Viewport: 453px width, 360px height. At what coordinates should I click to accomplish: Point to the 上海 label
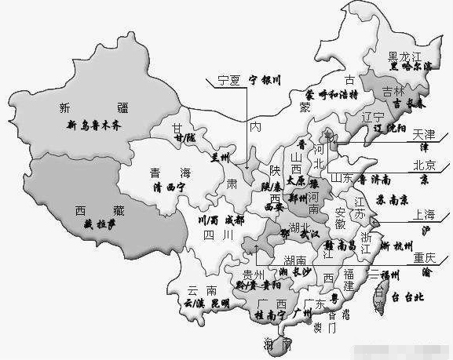tap(424, 213)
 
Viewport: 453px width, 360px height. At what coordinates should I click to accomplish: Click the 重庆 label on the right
tap(424, 257)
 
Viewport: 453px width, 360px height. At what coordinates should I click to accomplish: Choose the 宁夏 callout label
tap(228, 80)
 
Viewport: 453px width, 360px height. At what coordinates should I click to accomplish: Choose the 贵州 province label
tap(253, 274)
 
